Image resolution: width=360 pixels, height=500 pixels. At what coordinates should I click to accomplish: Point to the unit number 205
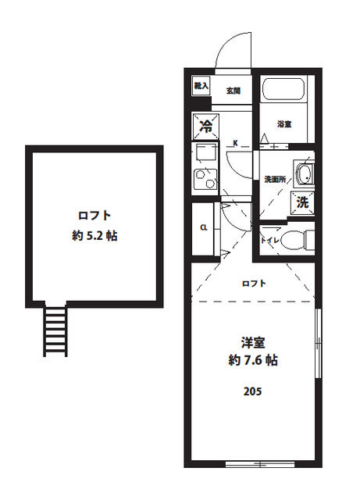(x=251, y=391)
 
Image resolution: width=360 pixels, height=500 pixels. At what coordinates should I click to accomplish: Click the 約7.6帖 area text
(x=251, y=361)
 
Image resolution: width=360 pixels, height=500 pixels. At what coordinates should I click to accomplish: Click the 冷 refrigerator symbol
(x=206, y=124)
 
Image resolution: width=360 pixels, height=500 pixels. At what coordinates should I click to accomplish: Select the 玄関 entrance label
(x=233, y=91)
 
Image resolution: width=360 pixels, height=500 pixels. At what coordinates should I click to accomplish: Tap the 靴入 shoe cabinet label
(x=201, y=84)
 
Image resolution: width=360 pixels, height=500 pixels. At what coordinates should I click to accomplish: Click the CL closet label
(x=203, y=228)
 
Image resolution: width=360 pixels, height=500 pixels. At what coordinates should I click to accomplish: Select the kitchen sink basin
(x=205, y=152)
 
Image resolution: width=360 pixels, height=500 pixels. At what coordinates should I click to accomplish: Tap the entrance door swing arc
(x=232, y=52)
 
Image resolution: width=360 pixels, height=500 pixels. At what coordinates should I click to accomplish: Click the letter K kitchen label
(x=236, y=143)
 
